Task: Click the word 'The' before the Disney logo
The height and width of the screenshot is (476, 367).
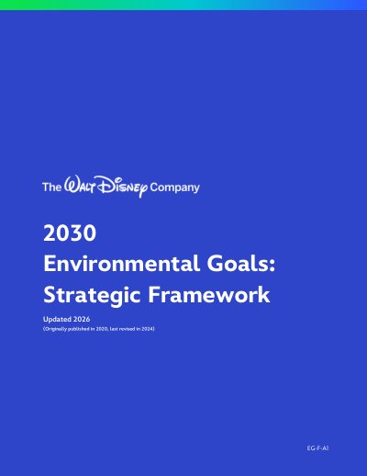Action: coord(51,187)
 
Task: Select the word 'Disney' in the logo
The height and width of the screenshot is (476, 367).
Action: coord(122,186)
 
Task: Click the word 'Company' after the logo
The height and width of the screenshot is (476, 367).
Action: coord(174,187)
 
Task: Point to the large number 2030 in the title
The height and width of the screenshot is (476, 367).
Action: coord(70,233)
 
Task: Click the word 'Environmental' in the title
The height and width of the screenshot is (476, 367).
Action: coord(122,264)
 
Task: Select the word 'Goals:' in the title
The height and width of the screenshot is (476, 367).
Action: coord(241,264)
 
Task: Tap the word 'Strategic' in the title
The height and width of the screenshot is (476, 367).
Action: coord(92,295)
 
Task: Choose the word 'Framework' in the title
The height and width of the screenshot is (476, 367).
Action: coord(209,294)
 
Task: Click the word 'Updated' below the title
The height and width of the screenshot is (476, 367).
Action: coord(57,319)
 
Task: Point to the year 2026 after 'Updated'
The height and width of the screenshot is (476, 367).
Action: coord(82,319)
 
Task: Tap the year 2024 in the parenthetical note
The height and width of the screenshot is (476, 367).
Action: coord(148,329)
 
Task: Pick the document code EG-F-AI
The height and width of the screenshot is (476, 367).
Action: coord(317,448)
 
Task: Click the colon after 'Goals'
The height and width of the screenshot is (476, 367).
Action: coord(272,266)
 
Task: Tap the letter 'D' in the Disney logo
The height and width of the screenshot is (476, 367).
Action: coord(104,185)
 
